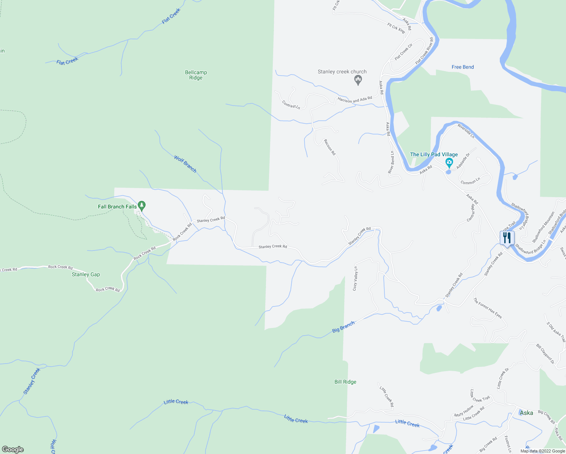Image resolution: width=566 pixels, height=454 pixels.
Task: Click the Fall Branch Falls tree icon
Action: (x=142, y=206)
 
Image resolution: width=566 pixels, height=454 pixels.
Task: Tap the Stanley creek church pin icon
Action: (x=358, y=80)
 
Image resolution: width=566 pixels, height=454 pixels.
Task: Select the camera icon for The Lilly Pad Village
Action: (x=449, y=163)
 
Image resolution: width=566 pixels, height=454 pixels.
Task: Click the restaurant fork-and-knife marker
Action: (x=507, y=238)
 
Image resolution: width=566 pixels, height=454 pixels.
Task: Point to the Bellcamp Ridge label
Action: (x=196, y=75)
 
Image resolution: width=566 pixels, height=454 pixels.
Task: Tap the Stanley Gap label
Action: (x=86, y=274)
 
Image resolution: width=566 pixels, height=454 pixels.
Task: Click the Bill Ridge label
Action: (x=345, y=382)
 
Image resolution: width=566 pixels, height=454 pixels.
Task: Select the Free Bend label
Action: (x=463, y=67)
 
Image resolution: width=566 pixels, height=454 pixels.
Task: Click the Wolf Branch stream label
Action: (x=185, y=164)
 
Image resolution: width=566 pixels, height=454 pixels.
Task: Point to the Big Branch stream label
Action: (x=344, y=327)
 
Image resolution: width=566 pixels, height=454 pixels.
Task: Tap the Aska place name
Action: (x=526, y=413)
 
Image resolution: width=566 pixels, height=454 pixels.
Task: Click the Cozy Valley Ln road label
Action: (x=355, y=278)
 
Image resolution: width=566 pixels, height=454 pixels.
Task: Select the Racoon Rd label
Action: (x=330, y=147)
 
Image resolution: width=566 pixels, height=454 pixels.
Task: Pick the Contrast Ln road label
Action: (x=291, y=105)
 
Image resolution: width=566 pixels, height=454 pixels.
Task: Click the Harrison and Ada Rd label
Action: (x=355, y=100)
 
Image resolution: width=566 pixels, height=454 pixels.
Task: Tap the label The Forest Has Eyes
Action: (x=488, y=308)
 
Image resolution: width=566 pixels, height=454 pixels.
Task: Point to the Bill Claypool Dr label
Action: (x=545, y=354)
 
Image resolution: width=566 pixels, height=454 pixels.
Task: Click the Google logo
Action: (x=13, y=449)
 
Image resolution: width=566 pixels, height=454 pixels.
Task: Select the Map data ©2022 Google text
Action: (x=543, y=451)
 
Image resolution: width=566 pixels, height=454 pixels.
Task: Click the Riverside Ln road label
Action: (x=466, y=131)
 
